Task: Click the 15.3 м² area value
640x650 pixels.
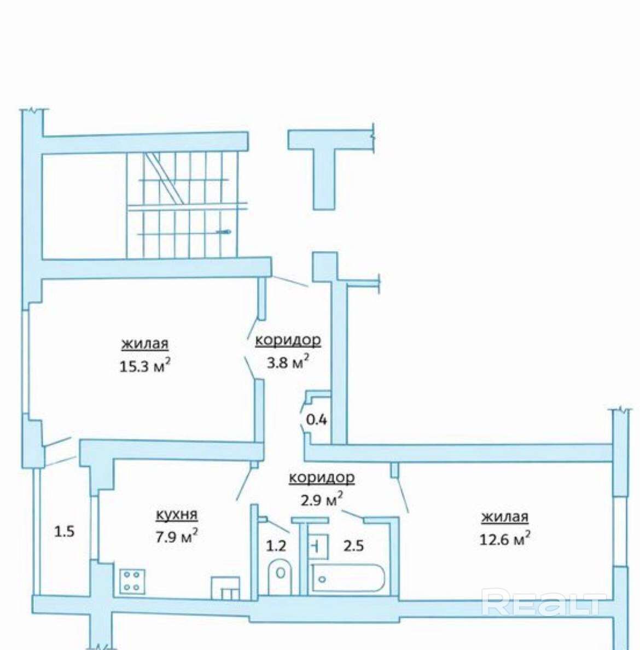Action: pos(145,366)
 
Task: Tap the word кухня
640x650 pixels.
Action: pos(177,515)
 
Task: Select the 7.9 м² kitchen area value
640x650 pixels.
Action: pos(177,537)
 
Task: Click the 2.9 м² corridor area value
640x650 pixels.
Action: pos(322,500)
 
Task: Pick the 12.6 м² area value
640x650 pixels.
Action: pos(505,539)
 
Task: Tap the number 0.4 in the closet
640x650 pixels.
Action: pos(316,420)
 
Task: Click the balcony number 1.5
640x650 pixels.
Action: pos(64,531)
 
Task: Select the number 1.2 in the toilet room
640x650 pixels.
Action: pos(276,545)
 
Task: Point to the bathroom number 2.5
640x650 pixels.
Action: pos(353,545)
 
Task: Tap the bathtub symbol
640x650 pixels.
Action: pos(348,577)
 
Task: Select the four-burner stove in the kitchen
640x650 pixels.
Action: pos(132,581)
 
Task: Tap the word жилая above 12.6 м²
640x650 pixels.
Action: pos(505,518)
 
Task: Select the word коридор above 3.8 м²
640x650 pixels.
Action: pos(288,340)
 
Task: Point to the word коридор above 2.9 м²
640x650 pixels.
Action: pos(322,478)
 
